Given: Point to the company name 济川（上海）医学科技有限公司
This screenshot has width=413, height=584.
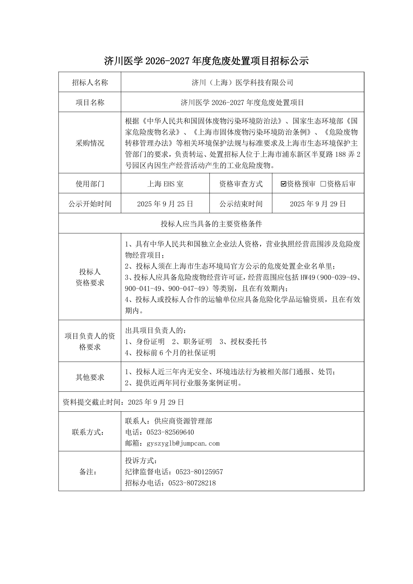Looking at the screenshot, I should tap(242, 82).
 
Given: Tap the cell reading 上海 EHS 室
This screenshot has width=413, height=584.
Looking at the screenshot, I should tap(165, 184).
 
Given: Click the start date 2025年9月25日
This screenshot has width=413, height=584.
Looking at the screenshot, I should tap(165, 204).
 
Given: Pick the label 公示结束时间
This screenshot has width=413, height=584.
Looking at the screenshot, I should tap(241, 204).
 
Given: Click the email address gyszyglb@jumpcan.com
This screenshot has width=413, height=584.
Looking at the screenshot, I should tap(183, 443).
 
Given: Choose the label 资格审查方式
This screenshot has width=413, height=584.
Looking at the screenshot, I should tap(241, 184).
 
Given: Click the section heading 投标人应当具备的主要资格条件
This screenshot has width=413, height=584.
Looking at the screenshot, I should tap(211, 224).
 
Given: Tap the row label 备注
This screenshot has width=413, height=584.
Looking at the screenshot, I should tap(88, 472).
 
